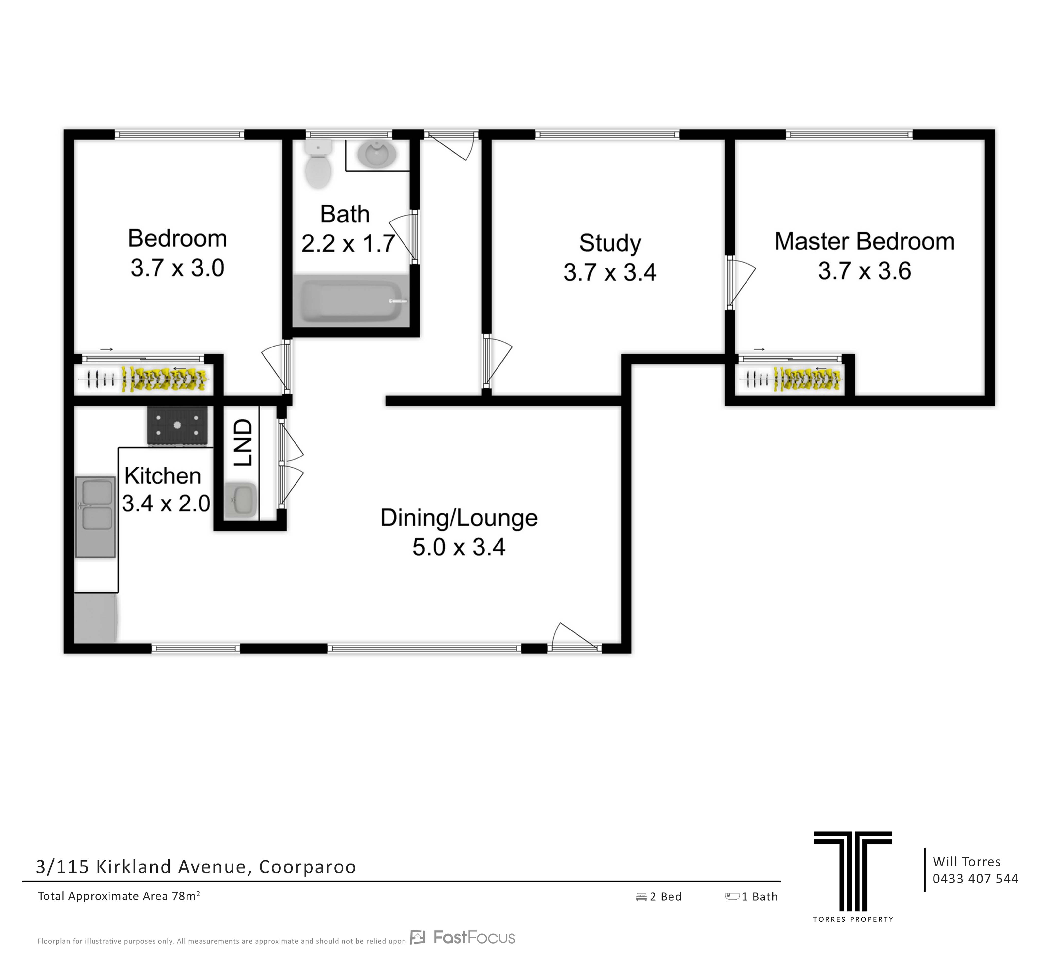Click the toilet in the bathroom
(319, 163)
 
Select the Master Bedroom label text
(864, 241)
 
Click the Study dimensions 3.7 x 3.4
(610, 272)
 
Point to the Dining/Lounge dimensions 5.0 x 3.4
(459, 547)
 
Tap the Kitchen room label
(163, 476)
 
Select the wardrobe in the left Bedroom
(144, 378)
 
